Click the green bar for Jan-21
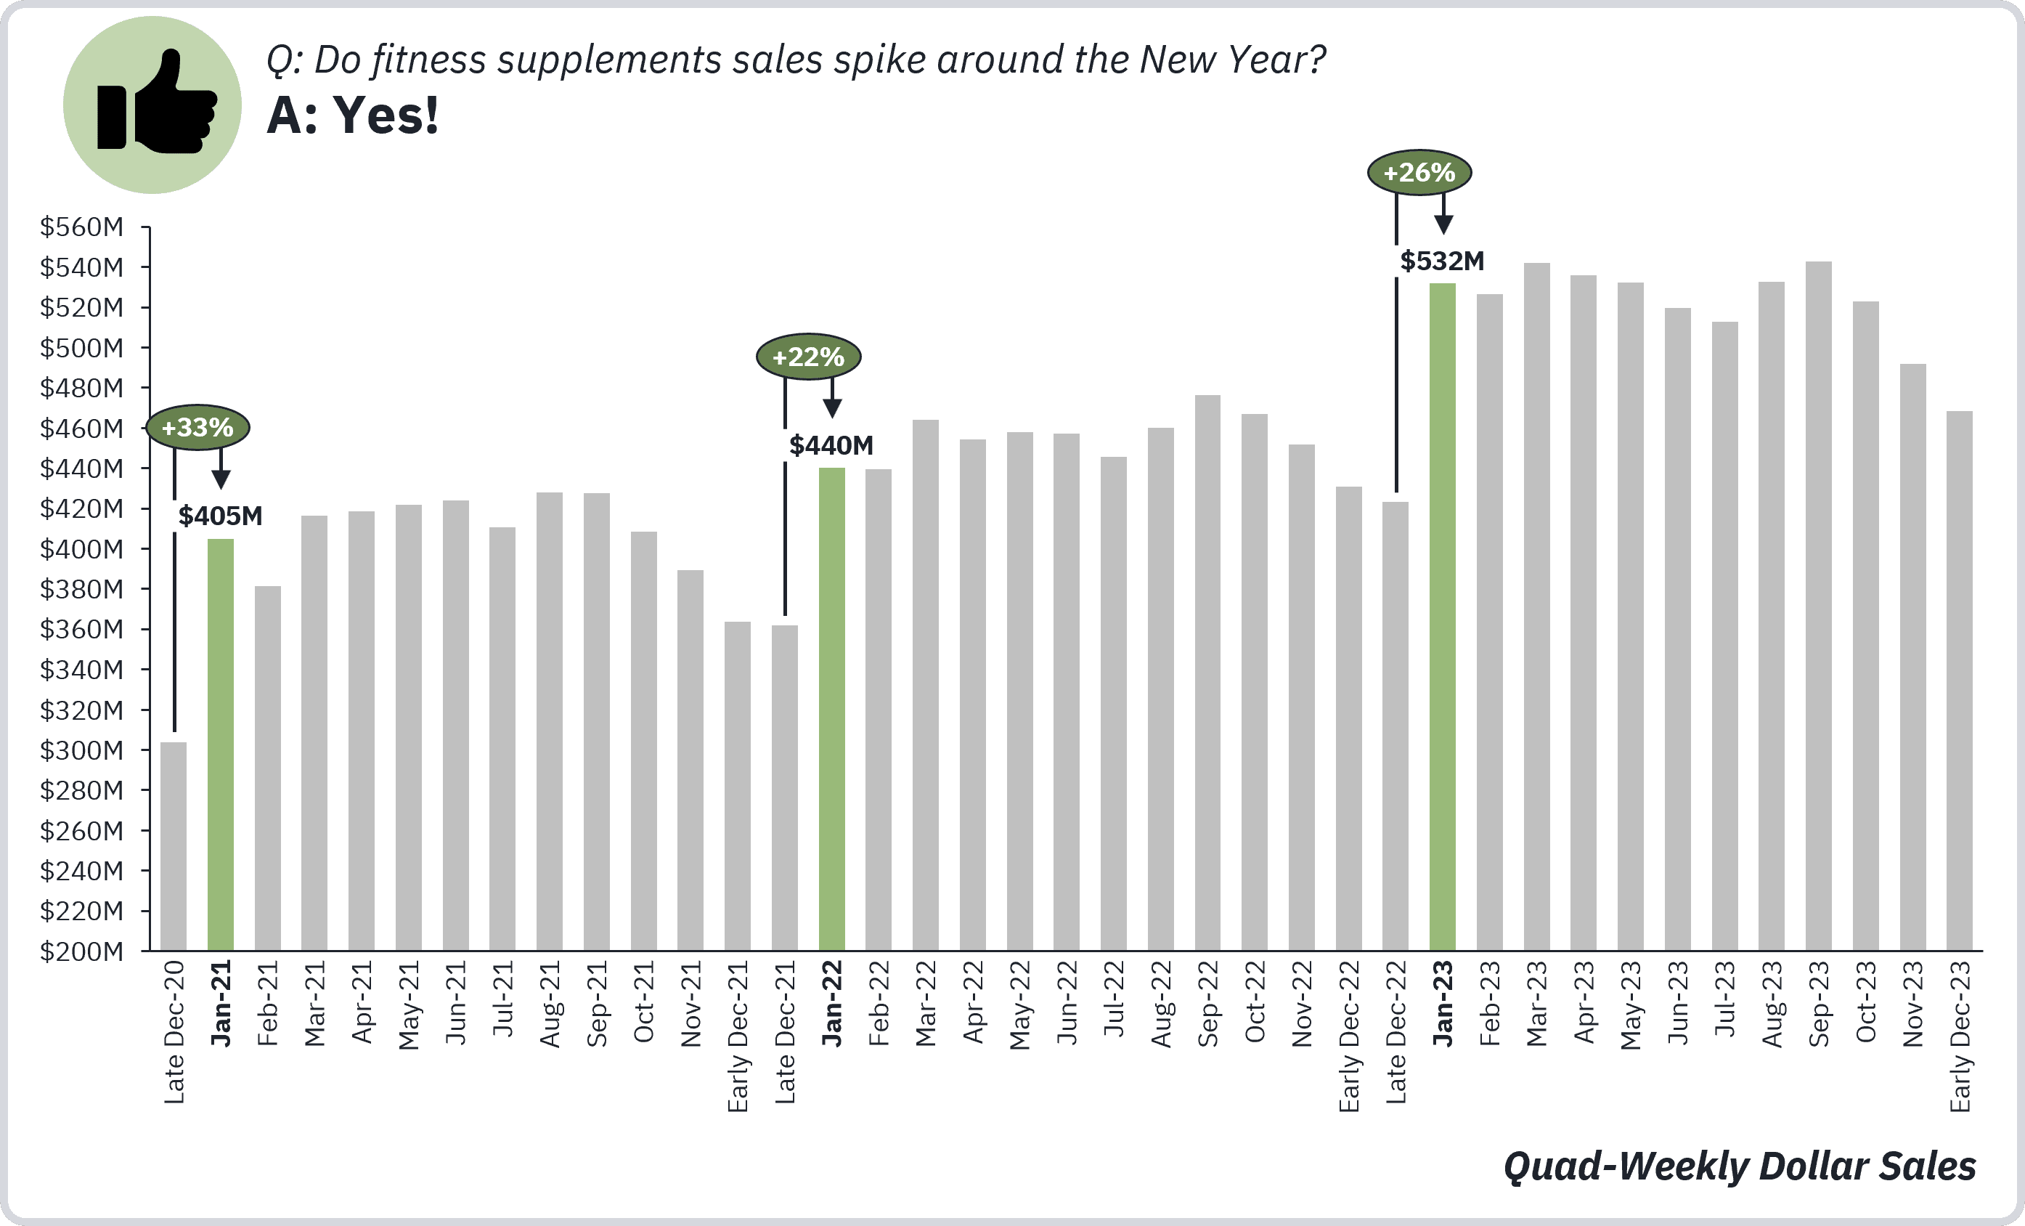click(220, 744)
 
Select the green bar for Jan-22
click(831, 709)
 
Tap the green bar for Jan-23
click(1442, 617)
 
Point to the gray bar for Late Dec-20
click(174, 846)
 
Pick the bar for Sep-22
click(1207, 673)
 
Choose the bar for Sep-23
click(1819, 606)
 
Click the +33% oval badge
click(197, 428)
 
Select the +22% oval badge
click(809, 357)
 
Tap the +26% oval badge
click(1419, 173)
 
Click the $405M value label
click(220, 516)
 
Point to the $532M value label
click(1442, 261)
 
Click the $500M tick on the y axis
click(81, 348)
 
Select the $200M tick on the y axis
click(81, 951)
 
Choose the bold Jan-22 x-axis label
click(831, 1003)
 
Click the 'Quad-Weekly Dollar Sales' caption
click(1740, 1166)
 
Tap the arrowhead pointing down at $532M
click(1444, 224)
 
